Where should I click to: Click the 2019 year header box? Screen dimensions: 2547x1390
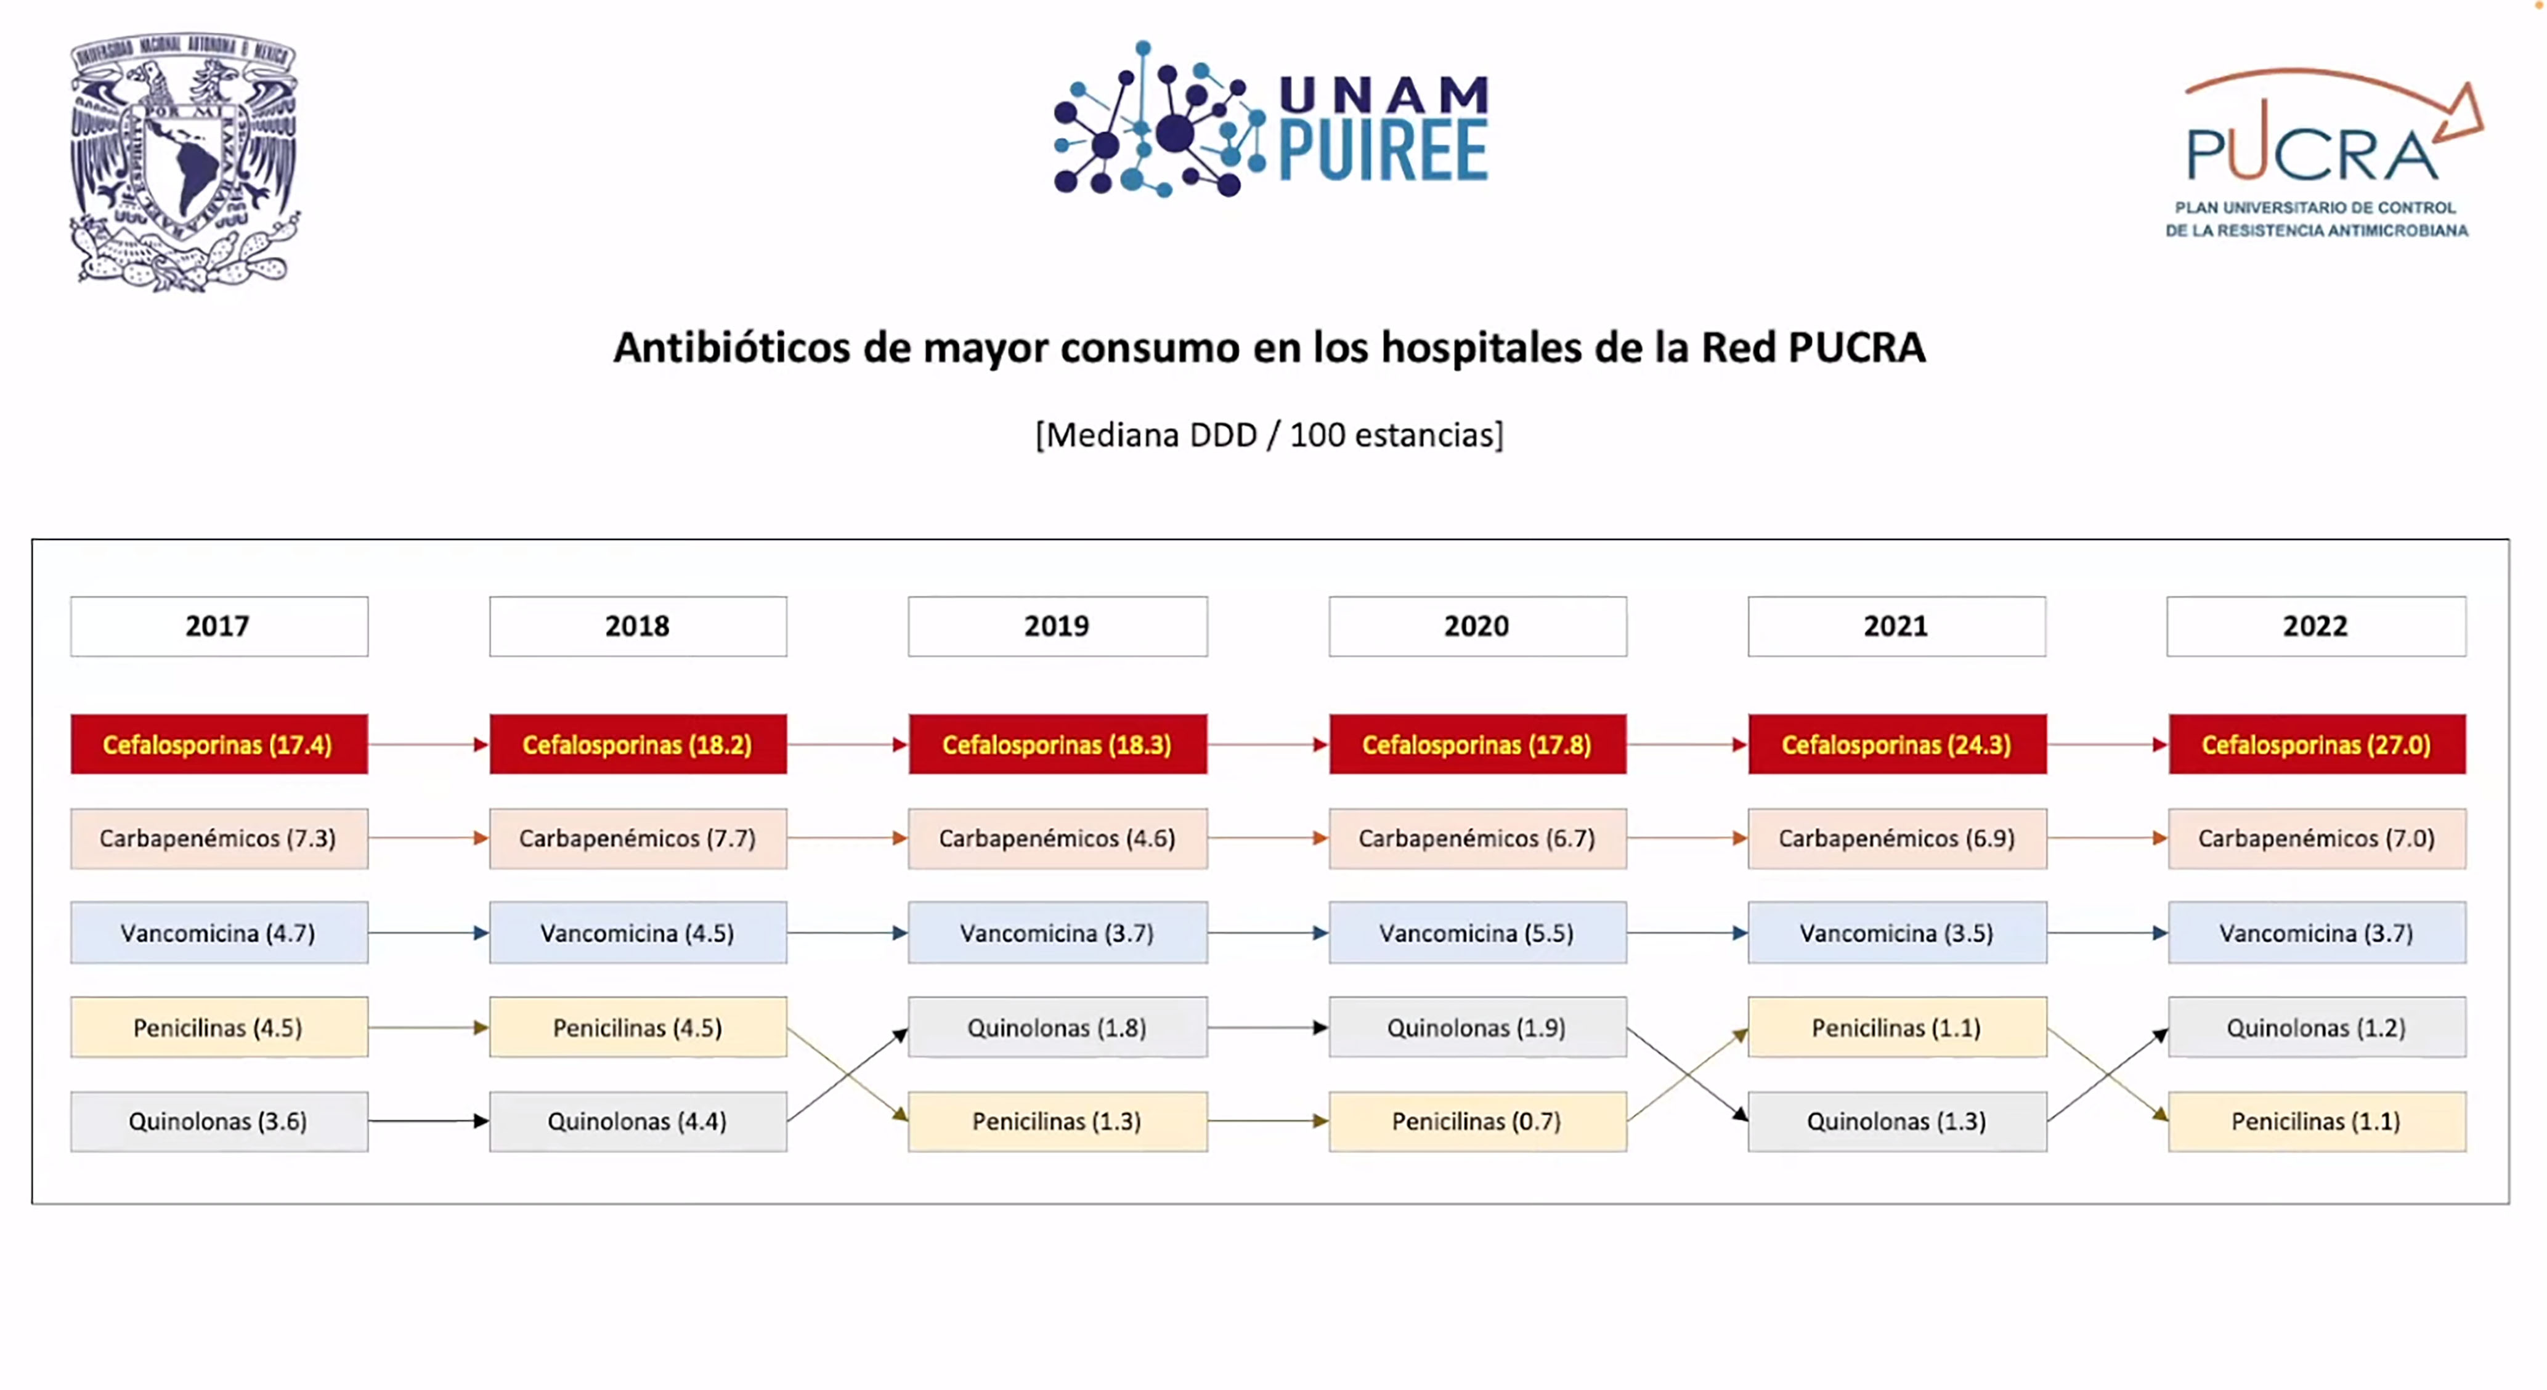(x=1057, y=626)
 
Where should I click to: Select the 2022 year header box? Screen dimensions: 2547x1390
(x=2315, y=626)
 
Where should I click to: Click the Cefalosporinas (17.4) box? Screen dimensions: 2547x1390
(x=219, y=745)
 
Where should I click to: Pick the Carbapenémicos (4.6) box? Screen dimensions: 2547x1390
(x=1057, y=838)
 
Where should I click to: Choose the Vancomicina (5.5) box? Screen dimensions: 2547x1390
(x=1477, y=932)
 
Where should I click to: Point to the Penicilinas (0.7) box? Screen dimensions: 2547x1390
(x=1477, y=1121)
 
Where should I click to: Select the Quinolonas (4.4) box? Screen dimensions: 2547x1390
(x=638, y=1121)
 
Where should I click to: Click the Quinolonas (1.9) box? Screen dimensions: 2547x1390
(x=1477, y=1027)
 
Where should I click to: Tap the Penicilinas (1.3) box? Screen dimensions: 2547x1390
(x=1057, y=1121)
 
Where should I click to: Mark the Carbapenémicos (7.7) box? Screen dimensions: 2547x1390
(x=638, y=838)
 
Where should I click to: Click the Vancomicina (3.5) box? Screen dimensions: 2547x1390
(x=1896, y=932)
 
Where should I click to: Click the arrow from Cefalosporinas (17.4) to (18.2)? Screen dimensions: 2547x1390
(x=429, y=745)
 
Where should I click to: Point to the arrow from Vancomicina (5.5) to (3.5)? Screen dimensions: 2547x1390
(x=1688, y=932)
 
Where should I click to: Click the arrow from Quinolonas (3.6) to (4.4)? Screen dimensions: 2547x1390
(x=429, y=1121)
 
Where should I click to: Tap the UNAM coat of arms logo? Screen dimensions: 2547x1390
(x=184, y=161)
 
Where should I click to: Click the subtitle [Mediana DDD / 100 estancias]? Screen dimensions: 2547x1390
(x=1270, y=435)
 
